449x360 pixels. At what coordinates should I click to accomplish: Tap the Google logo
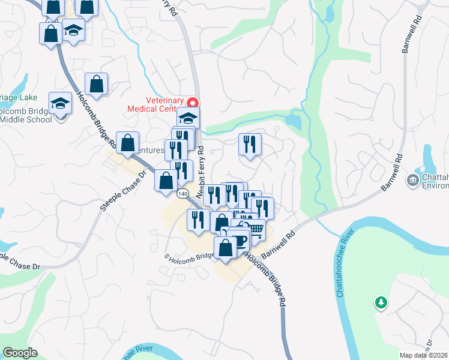pyautogui.click(x=20, y=353)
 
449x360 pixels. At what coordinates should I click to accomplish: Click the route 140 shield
pyautogui.click(x=183, y=193)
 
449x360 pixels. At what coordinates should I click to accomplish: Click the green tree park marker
pyautogui.click(x=380, y=302)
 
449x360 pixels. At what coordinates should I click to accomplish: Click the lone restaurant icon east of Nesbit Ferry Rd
pyautogui.click(x=249, y=144)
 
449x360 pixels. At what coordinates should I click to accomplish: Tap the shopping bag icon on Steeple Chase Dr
pyautogui.click(x=127, y=143)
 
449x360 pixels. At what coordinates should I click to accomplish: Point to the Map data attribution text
pyautogui.click(x=424, y=355)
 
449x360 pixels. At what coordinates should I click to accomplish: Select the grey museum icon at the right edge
pyautogui.click(x=412, y=180)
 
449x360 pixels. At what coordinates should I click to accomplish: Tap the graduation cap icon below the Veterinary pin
pyautogui.click(x=188, y=118)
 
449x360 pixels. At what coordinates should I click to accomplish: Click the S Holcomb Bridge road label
pyautogui.click(x=190, y=256)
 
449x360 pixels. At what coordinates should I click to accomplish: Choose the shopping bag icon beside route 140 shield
pyautogui.click(x=166, y=181)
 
